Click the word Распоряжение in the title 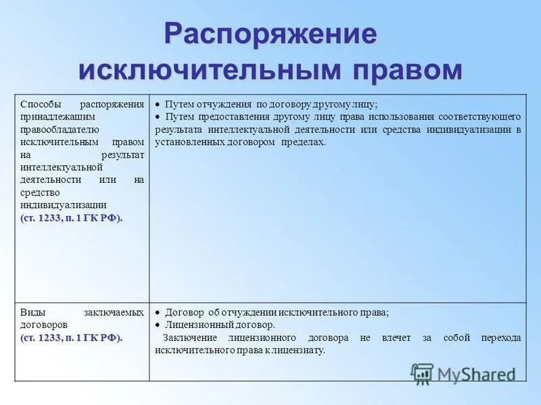click(x=270, y=34)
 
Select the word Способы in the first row click(x=41, y=105)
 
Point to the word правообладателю click(x=60, y=129)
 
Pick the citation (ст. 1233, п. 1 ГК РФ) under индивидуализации click(x=72, y=217)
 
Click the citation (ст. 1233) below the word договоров click(x=72, y=337)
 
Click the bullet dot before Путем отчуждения click(x=157, y=105)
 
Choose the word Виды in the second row click(x=33, y=313)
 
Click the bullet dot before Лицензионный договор click(x=157, y=325)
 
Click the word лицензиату click(x=297, y=350)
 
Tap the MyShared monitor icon click(x=422, y=374)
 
